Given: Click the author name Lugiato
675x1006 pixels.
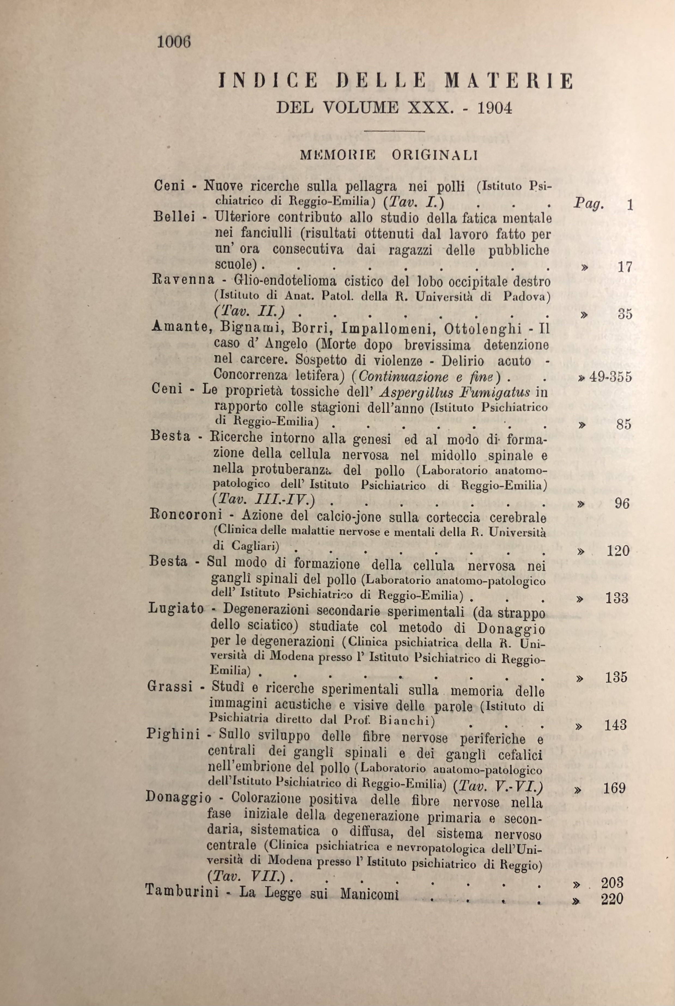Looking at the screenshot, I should point(176,608).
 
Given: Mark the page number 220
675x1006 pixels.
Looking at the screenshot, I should point(612,899).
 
